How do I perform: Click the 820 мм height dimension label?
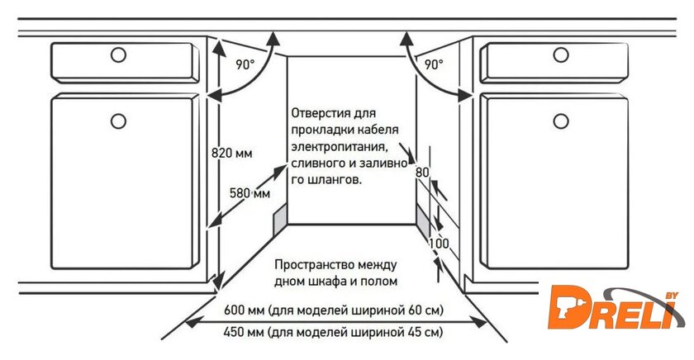click(x=231, y=153)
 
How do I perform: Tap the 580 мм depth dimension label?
click(x=250, y=193)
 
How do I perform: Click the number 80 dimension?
click(x=423, y=173)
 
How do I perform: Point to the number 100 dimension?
click(x=439, y=244)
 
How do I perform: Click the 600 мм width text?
click(x=241, y=310)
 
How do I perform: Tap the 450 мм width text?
click(x=241, y=333)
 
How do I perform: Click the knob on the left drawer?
click(x=118, y=55)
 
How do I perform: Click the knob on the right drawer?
click(x=561, y=55)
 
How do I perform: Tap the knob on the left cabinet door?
click(x=118, y=121)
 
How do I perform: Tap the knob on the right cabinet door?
click(x=561, y=121)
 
